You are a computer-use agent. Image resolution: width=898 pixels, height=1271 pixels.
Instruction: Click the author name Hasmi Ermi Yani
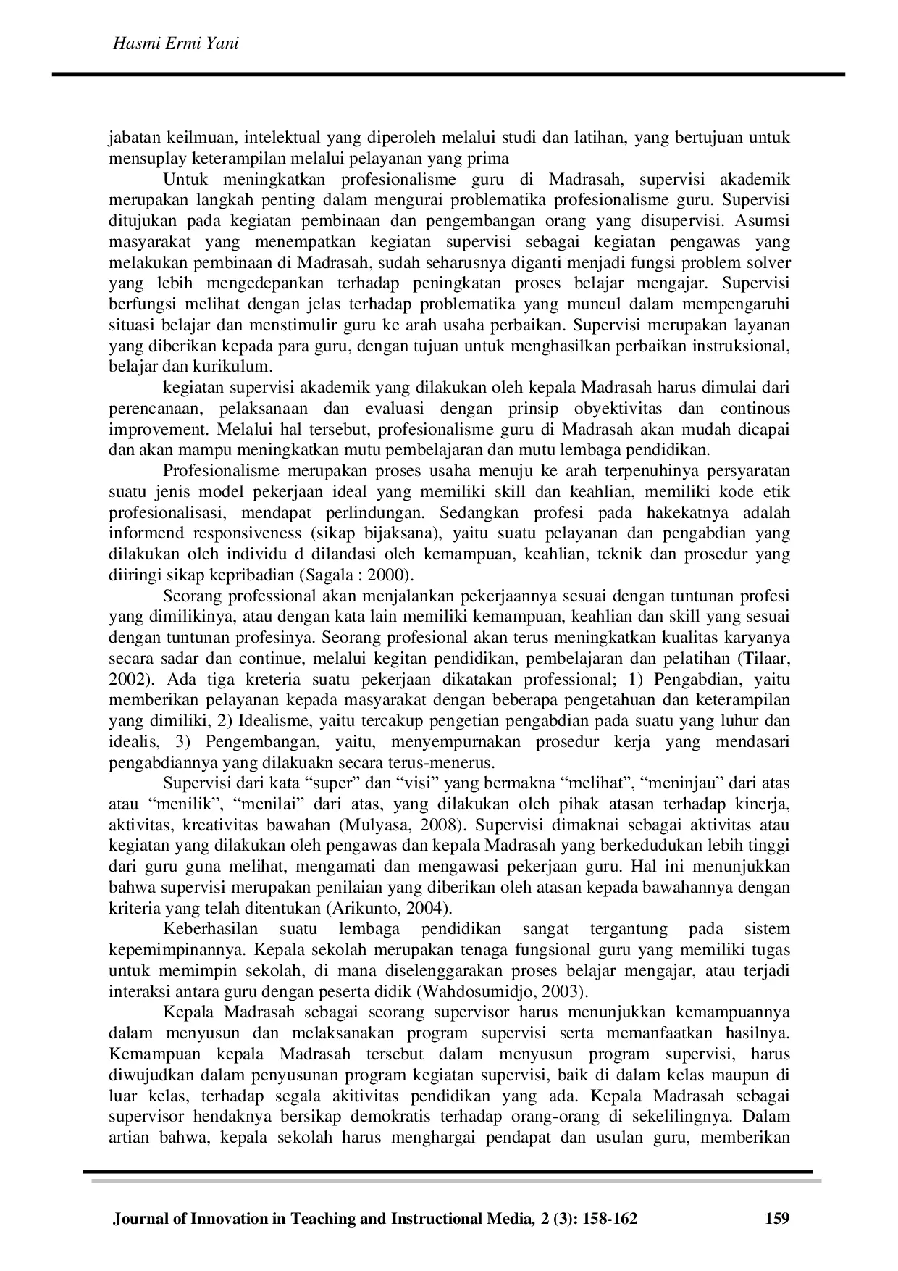(x=177, y=44)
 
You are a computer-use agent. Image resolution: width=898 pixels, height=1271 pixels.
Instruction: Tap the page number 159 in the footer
(x=777, y=1219)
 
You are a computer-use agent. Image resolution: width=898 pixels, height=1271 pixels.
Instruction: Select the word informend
(x=146, y=533)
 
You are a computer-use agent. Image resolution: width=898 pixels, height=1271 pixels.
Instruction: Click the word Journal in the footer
(x=141, y=1219)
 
